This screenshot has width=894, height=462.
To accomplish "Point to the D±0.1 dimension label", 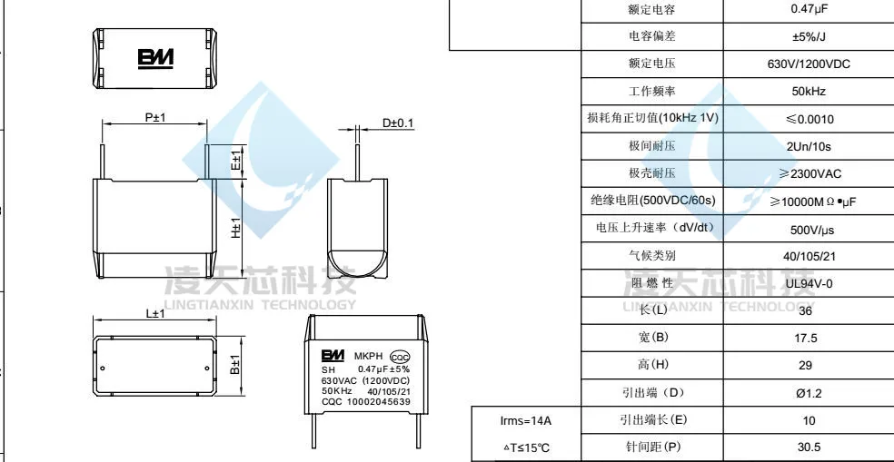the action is [397, 123].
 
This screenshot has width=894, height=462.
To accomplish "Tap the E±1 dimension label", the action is [235, 162].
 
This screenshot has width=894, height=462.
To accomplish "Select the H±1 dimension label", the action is [235, 228].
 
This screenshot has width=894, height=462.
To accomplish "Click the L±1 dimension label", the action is [155, 314].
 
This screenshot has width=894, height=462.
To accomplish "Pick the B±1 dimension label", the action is [234, 367].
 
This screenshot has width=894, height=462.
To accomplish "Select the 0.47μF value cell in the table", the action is [809, 9].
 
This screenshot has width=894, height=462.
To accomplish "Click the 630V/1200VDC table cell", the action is [809, 64].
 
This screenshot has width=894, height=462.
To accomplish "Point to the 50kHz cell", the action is [809, 92].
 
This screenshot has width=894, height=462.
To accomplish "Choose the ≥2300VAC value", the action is [809, 172].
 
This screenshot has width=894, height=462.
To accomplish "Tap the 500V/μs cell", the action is [809, 229].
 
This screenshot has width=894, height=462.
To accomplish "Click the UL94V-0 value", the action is [809, 283].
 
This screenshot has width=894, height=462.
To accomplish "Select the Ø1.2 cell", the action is [809, 393].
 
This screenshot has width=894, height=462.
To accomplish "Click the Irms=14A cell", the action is [526, 420].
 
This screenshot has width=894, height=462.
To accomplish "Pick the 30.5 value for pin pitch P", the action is [809, 447].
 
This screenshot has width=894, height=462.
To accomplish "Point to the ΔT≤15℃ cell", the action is [526, 447].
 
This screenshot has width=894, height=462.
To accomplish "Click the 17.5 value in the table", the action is [809, 338].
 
